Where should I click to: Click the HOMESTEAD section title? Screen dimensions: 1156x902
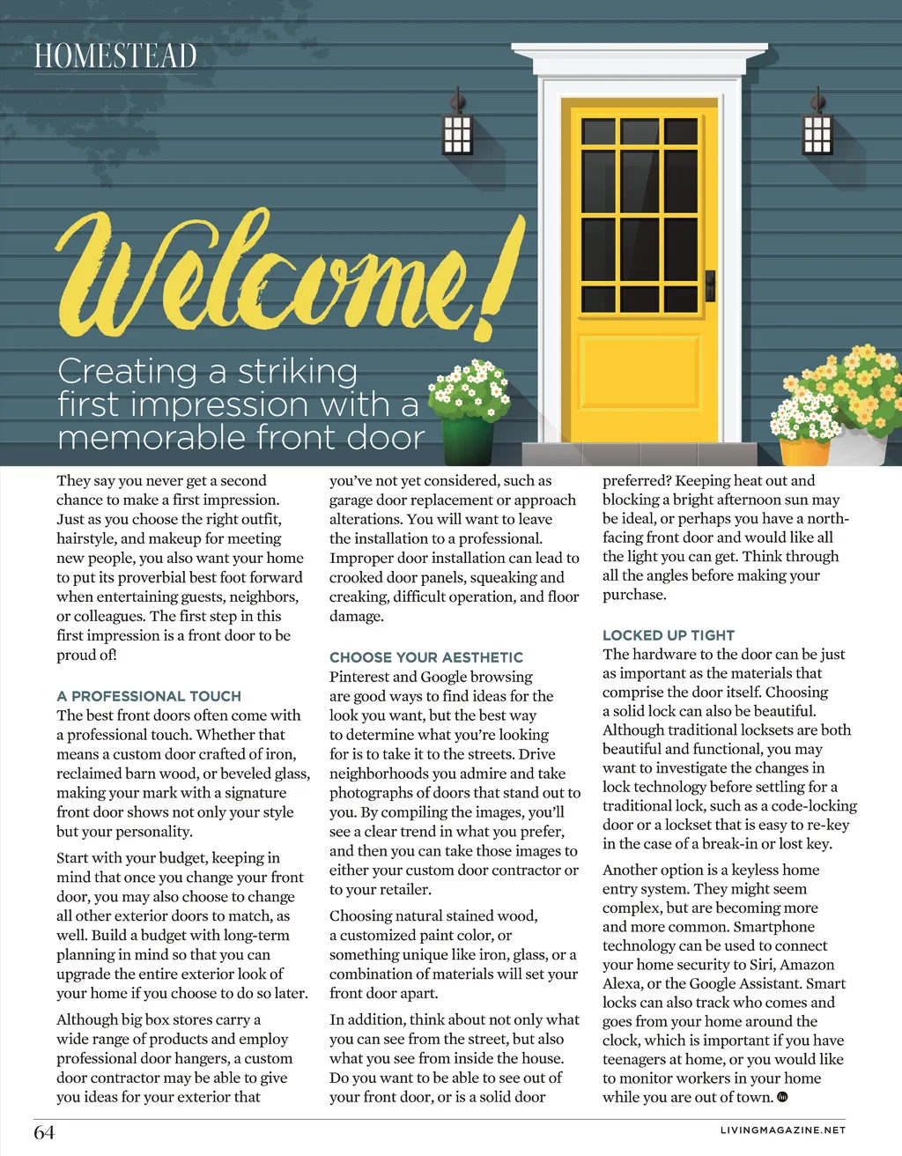tap(115, 56)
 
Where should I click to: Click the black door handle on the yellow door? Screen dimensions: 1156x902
tap(709, 286)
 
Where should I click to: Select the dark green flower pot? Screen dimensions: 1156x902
tap(467, 441)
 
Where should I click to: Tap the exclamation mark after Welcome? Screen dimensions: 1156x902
tap(498, 282)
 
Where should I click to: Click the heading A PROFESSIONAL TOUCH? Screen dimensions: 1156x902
tap(149, 696)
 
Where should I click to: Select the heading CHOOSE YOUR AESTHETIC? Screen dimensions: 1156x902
tap(426, 657)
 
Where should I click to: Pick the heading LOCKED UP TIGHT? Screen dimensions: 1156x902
tap(669, 635)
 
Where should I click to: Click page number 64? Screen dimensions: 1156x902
tap(44, 1132)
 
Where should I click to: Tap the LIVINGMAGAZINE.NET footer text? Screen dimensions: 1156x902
tap(783, 1130)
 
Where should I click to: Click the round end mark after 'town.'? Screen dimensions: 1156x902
tap(783, 1097)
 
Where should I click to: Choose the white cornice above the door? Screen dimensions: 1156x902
tap(640, 62)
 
